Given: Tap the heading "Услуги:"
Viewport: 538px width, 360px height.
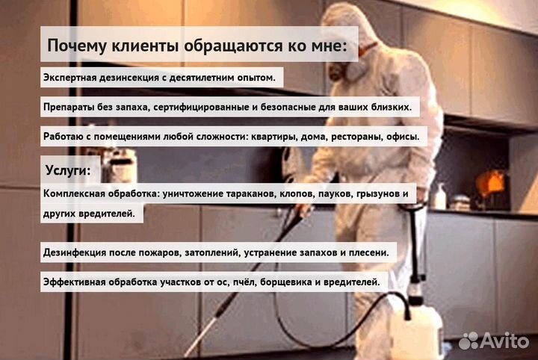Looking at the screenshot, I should [67, 170].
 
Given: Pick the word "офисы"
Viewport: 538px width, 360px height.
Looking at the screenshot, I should [401, 137].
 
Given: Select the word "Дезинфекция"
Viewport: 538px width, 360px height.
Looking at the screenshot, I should [78, 252].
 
